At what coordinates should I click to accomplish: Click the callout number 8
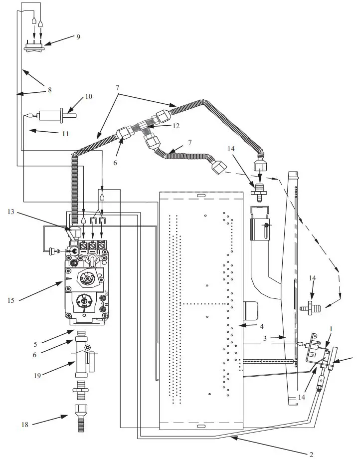click(x=49, y=90)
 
